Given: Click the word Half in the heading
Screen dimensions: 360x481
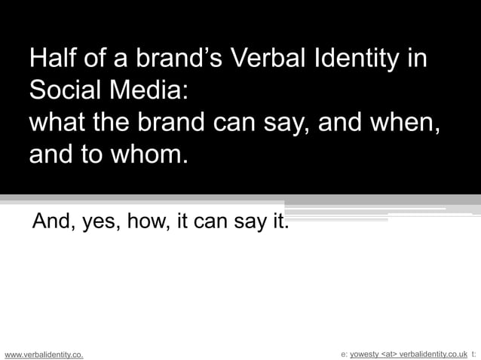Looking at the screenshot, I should [51, 59].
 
